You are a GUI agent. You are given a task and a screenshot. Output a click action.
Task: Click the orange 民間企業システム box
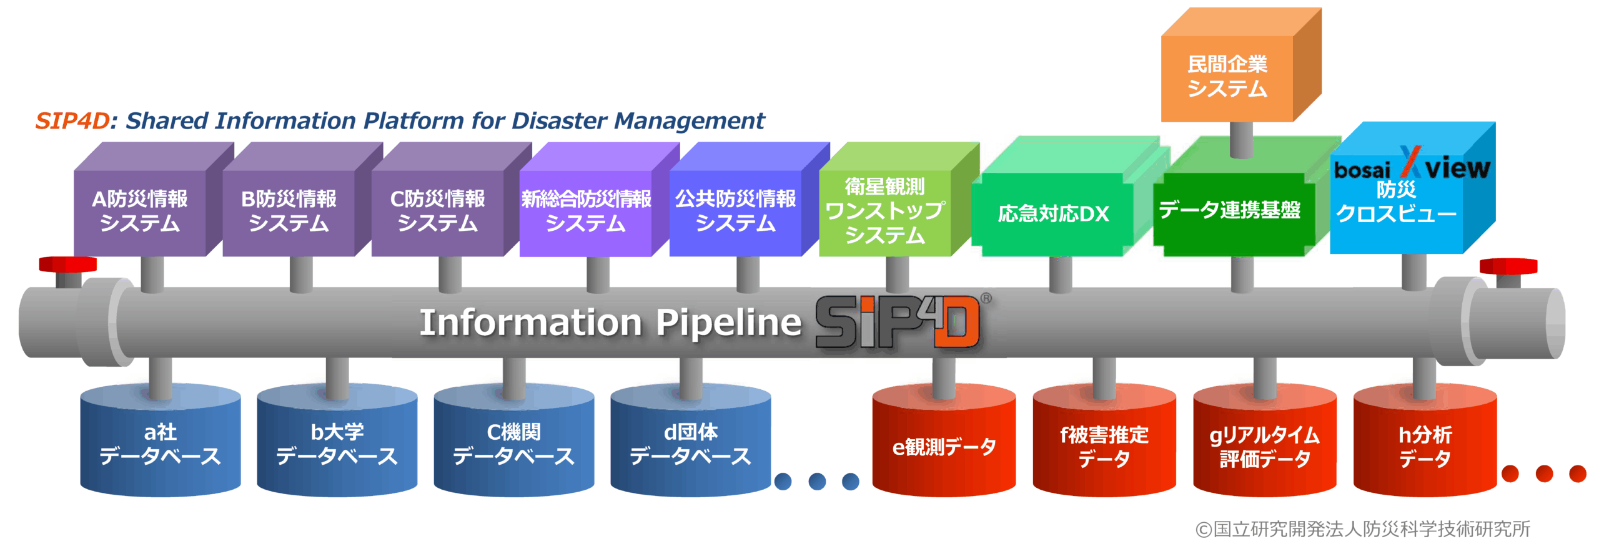[x=1227, y=76]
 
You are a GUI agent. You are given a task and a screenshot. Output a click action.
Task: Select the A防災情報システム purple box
[x=140, y=211]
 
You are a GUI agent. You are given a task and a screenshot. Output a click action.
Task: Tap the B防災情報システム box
[x=289, y=211]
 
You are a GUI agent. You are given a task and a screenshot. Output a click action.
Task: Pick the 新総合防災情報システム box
[x=586, y=211]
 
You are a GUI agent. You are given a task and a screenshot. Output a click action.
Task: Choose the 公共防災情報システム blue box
[x=735, y=211]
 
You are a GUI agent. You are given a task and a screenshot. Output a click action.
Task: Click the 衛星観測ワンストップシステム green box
[x=884, y=211]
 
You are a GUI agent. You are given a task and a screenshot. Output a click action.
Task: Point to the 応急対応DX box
[x=1053, y=214]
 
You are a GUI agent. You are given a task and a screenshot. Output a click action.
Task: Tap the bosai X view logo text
[x=1412, y=167]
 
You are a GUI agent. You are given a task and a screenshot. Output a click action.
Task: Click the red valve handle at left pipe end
[x=67, y=265]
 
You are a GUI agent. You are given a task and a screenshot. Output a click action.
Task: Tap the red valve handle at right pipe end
[x=1508, y=266]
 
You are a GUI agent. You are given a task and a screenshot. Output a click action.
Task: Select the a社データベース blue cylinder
[x=161, y=444]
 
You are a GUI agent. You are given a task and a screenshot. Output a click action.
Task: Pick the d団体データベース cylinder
[x=690, y=444]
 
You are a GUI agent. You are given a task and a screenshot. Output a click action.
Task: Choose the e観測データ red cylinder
[x=944, y=446]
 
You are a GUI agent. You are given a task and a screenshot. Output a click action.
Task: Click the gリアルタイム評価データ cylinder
[x=1264, y=446]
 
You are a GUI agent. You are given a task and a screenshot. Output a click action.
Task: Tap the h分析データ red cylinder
[x=1425, y=446]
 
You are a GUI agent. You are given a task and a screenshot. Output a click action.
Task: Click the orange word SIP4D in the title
[x=72, y=120]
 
